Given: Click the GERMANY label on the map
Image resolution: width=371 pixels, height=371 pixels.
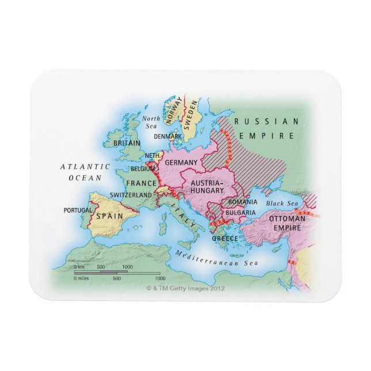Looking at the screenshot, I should (x=181, y=162).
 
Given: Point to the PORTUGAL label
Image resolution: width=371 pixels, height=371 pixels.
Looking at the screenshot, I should (x=78, y=210).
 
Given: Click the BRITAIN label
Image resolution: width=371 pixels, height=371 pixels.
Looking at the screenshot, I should (x=126, y=142).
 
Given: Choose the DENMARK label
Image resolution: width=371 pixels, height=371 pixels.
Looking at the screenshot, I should (x=168, y=137).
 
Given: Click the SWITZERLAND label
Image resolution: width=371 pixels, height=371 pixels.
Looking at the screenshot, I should (x=131, y=195).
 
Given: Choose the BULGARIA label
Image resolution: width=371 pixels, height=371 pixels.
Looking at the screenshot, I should (x=241, y=212).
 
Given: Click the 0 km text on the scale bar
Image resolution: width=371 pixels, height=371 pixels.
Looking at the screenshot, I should (x=78, y=267).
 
